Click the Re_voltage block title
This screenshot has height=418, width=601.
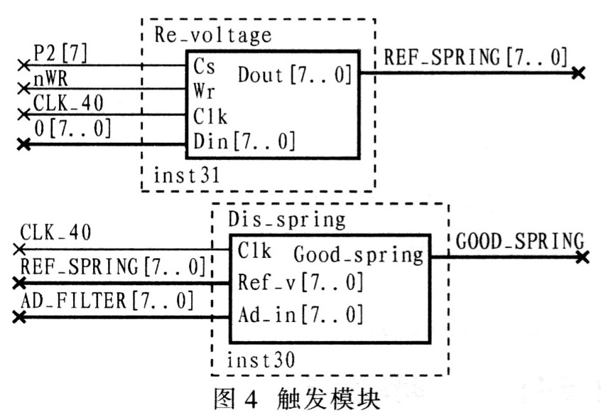(x=213, y=36)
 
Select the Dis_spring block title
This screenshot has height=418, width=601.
(x=287, y=220)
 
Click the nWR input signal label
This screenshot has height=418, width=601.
(x=50, y=80)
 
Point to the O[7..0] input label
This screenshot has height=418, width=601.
(x=73, y=128)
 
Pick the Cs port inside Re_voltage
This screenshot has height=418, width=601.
(x=204, y=66)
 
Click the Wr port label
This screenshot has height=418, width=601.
(x=204, y=91)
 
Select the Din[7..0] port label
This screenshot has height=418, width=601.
(x=244, y=141)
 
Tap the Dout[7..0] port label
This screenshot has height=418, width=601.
(x=294, y=75)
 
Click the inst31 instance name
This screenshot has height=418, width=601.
(x=187, y=176)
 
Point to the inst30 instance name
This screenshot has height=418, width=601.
(x=261, y=360)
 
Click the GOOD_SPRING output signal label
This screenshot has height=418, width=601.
(x=520, y=241)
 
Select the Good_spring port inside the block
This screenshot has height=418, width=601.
(x=359, y=255)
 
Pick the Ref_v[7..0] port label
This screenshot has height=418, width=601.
(x=300, y=283)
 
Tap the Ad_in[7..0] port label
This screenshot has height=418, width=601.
(x=300, y=315)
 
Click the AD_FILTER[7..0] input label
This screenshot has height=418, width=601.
(x=107, y=301)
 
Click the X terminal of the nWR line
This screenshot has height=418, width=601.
(x=23, y=89)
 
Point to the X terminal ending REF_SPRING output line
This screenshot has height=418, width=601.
(x=578, y=73)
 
